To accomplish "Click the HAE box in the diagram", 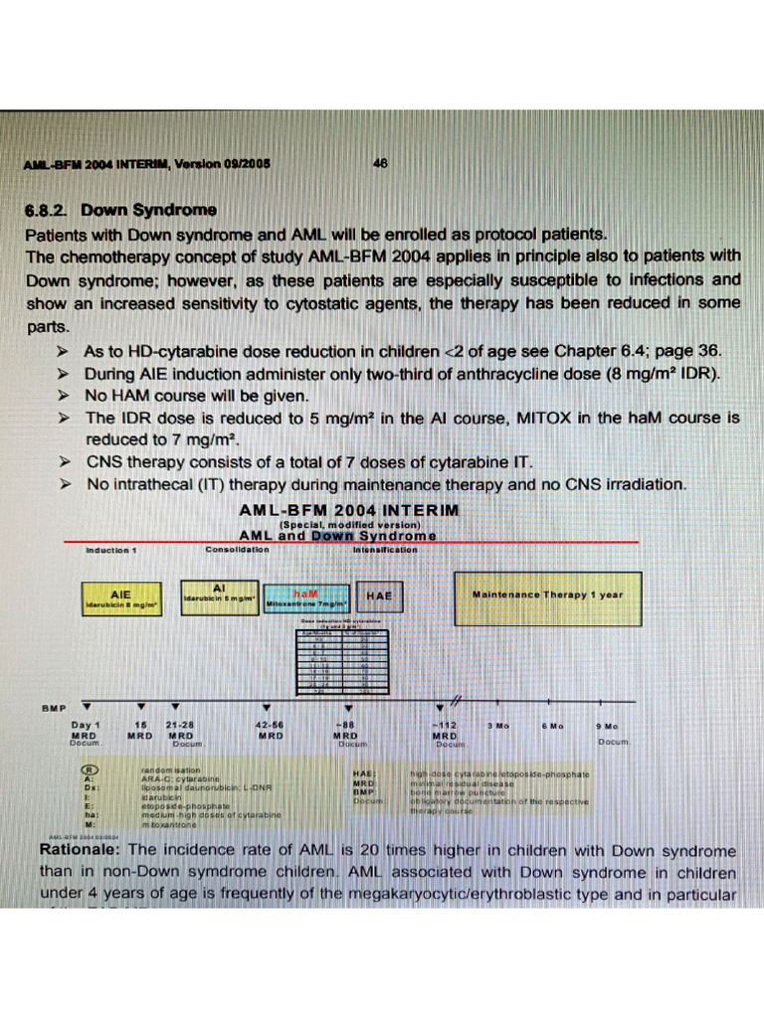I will click(x=379, y=596).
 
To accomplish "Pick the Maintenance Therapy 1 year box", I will click(x=547, y=596).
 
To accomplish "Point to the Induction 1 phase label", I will click(x=110, y=549).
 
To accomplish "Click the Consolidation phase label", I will click(x=237, y=549).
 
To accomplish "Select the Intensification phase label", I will click(x=385, y=549).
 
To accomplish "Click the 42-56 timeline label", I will click(x=270, y=726).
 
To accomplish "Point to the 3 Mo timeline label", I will click(x=498, y=726).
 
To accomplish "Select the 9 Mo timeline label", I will click(x=607, y=726).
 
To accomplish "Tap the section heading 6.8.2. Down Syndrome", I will click(x=120, y=210).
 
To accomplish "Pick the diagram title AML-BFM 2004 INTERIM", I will click(x=349, y=510).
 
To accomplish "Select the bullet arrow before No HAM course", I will click(x=63, y=396).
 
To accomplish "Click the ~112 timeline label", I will click(x=444, y=726).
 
